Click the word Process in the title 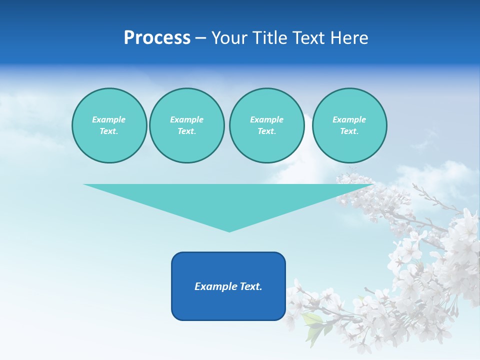tap(157, 38)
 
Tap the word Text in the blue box tap(250, 286)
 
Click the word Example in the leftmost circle tap(109, 119)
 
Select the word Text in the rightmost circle tap(349, 131)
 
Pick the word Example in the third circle tap(266, 119)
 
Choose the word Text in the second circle tap(186, 131)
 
